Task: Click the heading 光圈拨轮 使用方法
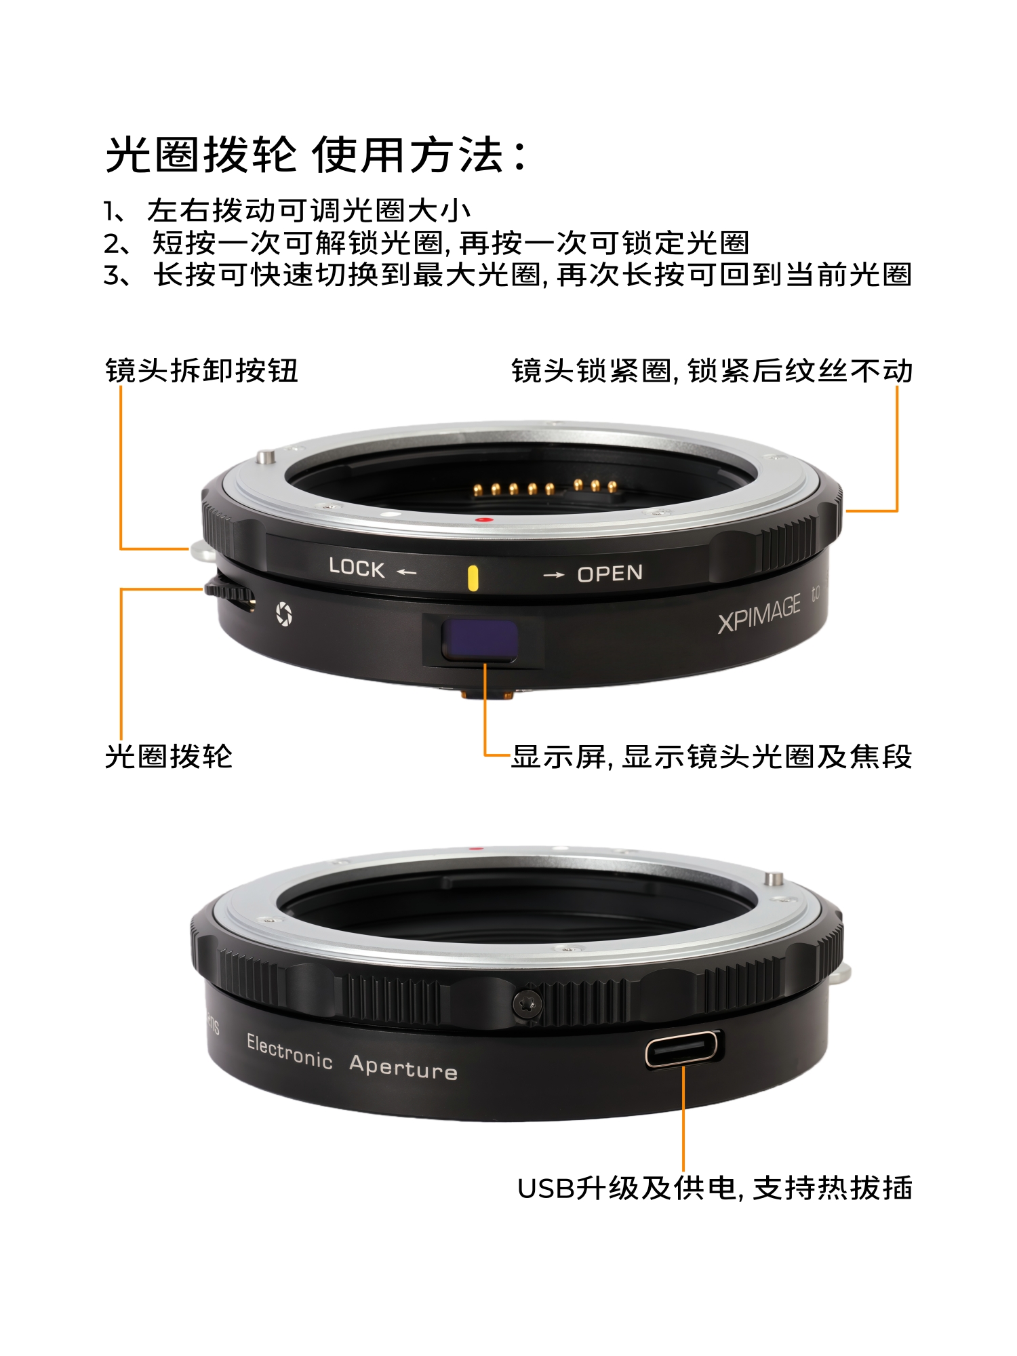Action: tap(317, 155)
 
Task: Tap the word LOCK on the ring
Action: tap(357, 567)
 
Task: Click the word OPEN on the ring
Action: tap(610, 574)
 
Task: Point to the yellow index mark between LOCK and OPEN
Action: tap(473, 578)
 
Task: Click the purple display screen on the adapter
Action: tap(480, 640)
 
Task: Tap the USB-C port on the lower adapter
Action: tap(683, 1049)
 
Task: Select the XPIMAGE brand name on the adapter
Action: tap(759, 614)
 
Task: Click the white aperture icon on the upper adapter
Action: tap(283, 614)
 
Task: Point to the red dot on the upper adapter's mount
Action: tap(483, 520)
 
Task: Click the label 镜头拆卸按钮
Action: tap(201, 371)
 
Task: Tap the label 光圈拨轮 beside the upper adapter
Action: tap(169, 756)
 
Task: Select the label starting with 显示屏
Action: tap(711, 756)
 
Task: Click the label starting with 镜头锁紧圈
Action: tap(712, 371)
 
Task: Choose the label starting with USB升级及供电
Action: tap(715, 1188)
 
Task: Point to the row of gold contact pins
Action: tap(545, 487)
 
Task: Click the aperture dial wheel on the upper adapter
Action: tap(231, 594)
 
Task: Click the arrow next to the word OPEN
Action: tap(554, 575)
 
